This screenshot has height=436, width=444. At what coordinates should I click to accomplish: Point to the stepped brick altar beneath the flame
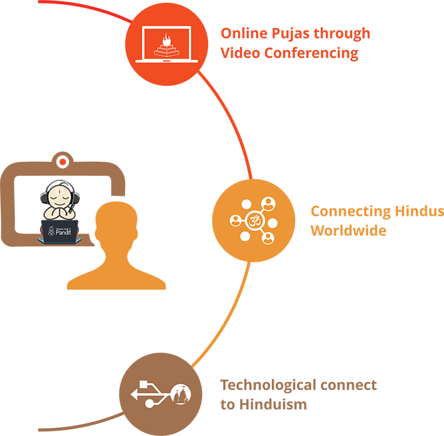coord(167,49)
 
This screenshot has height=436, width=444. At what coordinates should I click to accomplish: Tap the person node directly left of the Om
coord(235,219)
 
